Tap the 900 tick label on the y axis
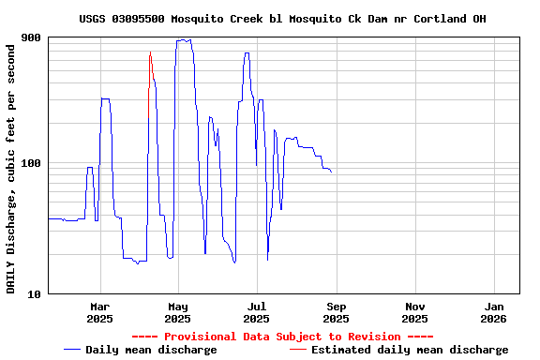tap(31, 37)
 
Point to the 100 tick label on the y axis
tap(31, 164)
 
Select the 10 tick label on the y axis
tap(34, 293)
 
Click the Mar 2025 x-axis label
tap(99, 312)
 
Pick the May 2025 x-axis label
tap(178, 312)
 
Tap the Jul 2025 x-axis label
tap(257, 312)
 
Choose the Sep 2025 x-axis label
tap(337, 312)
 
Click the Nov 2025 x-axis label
tap(415, 312)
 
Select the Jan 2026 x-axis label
tap(494, 312)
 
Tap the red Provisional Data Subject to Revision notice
tap(282, 337)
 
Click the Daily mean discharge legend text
tap(151, 350)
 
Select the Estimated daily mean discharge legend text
tap(410, 350)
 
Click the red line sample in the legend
tap(297, 350)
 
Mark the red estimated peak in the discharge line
tap(150, 53)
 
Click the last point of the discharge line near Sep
tap(331, 172)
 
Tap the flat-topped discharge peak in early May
tap(184, 40)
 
